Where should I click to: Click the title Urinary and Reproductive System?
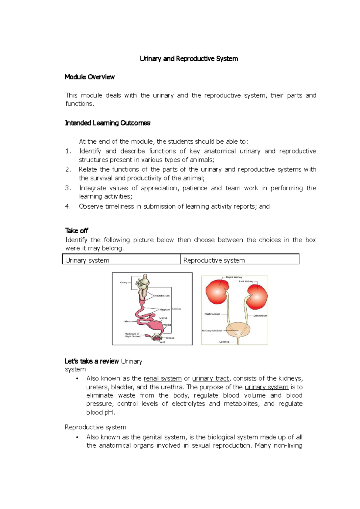(x=189, y=59)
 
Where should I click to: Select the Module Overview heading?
(x=89, y=77)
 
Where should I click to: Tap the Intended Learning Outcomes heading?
(x=107, y=123)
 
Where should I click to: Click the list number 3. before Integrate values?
(x=68, y=188)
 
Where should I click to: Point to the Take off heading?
(x=76, y=231)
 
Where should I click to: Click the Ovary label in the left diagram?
(x=124, y=282)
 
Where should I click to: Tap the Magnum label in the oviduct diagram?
(x=164, y=309)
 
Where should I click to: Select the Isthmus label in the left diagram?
(x=128, y=321)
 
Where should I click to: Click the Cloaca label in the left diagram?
(x=170, y=338)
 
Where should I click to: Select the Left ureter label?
(x=260, y=316)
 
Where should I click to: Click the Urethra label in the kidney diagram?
(x=224, y=342)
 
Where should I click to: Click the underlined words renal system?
(x=163, y=379)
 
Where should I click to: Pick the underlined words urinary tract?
(x=210, y=379)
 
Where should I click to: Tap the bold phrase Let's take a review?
(x=91, y=362)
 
